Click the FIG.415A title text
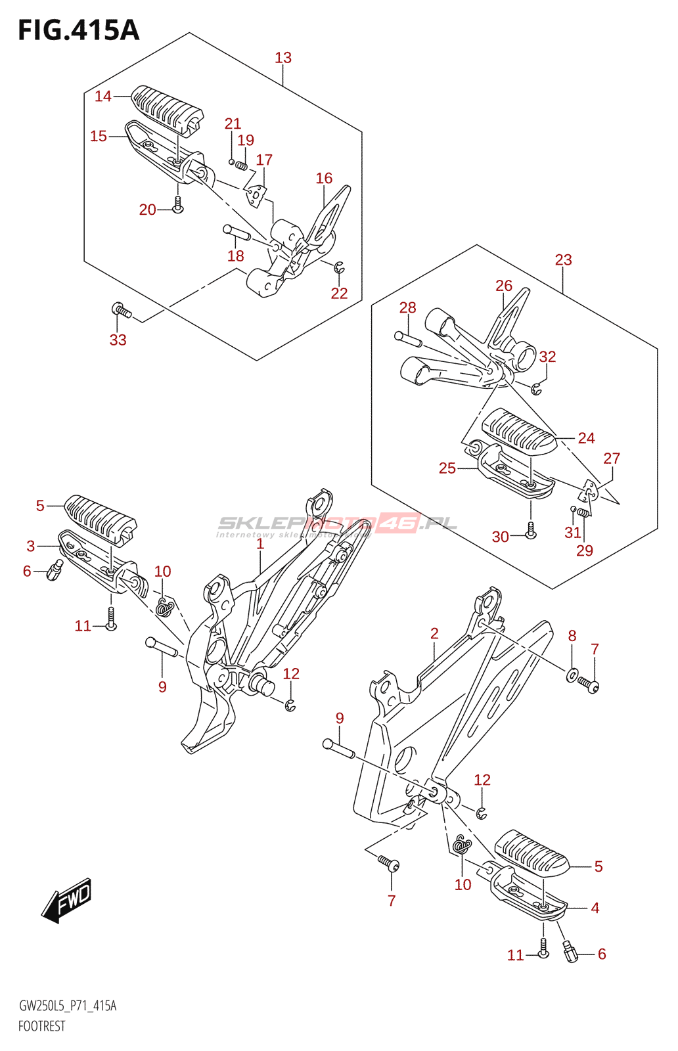pyautogui.click(x=79, y=30)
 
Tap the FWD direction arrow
pyautogui.click(x=67, y=900)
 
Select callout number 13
pyautogui.click(x=283, y=58)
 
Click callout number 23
pyautogui.click(x=563, y=259)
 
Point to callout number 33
pyautogui.click(x=118, y=340)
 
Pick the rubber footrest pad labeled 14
pyautogui.click(x=167, y=110)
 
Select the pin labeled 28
pyautogui.click(x=407, y=338)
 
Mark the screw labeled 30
pyautogui.click(x=531, y=531)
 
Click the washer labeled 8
pyautogui.click(x=572, y=675)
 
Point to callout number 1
pyautogui.click(x=260, y=544)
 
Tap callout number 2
pyautogui.click(x=434, y=633)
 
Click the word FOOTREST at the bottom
pyautogui.click(x=42, y=1026)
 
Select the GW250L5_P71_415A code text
pyautogui.click(x=68, y=1006)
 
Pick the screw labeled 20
pyautogui.click(x=177, y=206)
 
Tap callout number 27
pyautogui.click(x=612, y=458)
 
